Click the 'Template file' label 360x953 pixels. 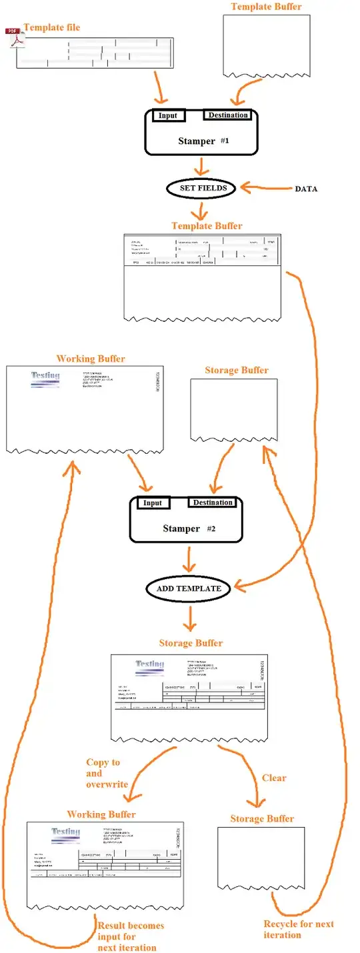point(51,27)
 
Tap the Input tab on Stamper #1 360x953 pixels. point(167,115)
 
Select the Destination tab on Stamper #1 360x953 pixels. point(228,115)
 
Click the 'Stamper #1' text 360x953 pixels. point(203,141)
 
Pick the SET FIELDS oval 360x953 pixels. point(203,188)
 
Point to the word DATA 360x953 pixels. point(306,189)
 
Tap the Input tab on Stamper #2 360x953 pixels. point(153,502)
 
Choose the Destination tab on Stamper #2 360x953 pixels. point(213,502)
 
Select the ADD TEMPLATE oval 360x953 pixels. point(189,588)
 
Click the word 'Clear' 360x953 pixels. point(274,778)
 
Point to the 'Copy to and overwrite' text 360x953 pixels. point(106,773)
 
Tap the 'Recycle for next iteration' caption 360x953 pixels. point(298,929)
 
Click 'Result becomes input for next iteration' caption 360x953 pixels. point(131,936)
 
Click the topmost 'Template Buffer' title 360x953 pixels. point(266,7)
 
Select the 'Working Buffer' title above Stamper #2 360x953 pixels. point(91,359)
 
